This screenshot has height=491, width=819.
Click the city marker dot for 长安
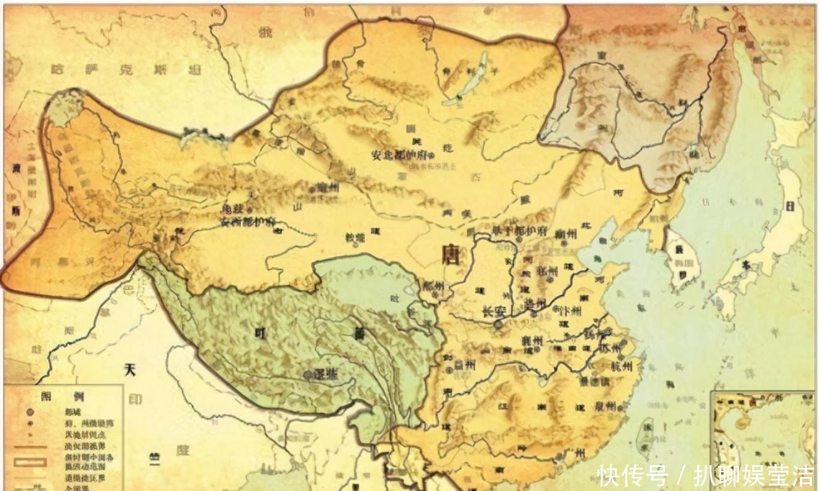pos(498,323)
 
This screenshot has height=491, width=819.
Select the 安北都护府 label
pos(402,154)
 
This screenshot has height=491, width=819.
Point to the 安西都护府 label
pos(247,222)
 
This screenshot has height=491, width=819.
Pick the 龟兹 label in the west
pos(232,209)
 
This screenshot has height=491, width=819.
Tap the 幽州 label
pos(565,234)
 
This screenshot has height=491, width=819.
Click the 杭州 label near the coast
pos(622,366)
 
